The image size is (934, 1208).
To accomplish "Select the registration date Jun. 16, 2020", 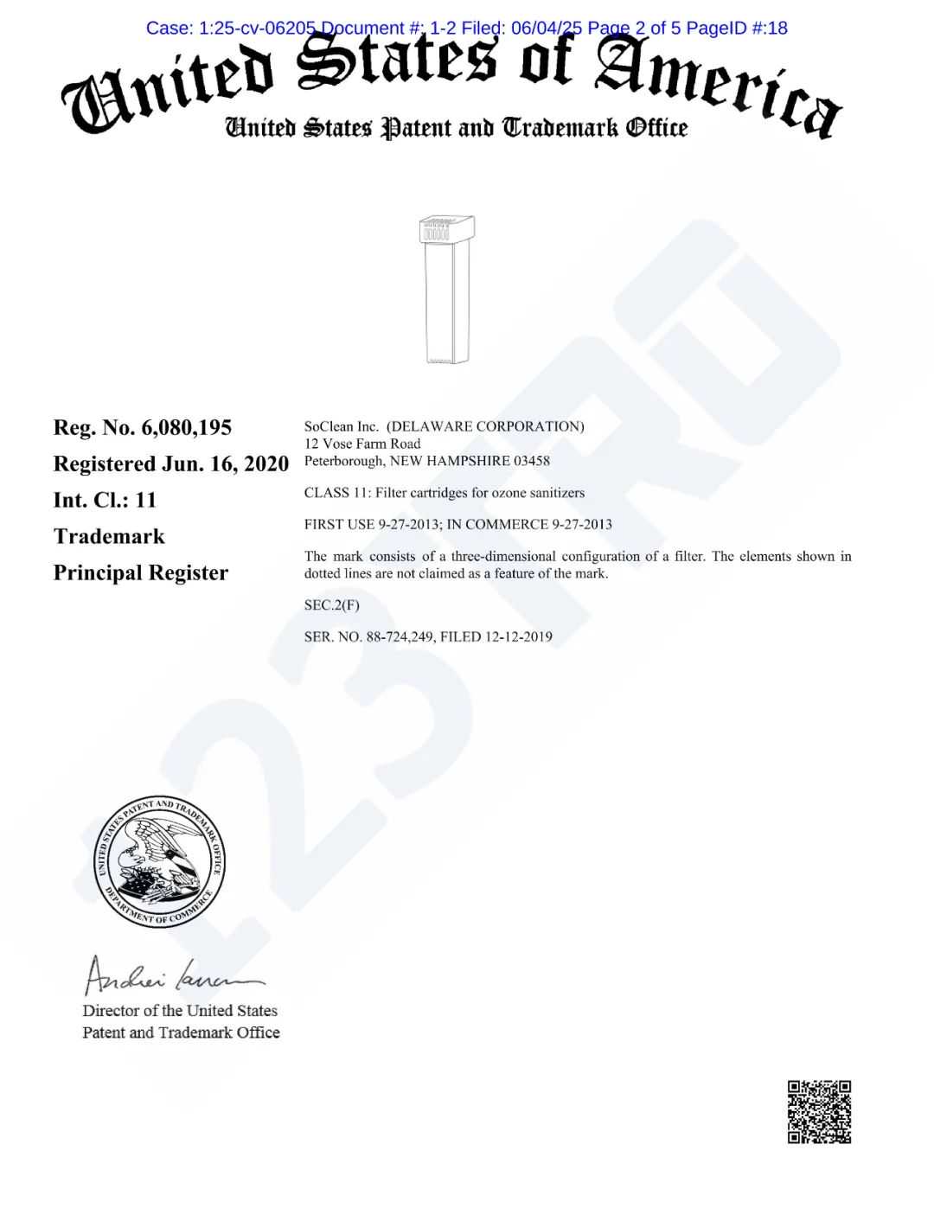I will [x=226, y=464].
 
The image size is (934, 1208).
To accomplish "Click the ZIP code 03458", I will [x=532, y=461].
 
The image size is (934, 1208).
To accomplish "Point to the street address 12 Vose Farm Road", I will [x=362, y=444].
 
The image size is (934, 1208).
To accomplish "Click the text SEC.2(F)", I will [x=331, y=605].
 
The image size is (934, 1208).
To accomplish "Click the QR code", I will [x=819, y=1111].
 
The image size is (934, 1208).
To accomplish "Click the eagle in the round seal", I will [x=156, y=856].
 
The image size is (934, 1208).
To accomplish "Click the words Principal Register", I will [x=141, y=573].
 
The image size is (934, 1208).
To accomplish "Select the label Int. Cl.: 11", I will [x=105, y=501].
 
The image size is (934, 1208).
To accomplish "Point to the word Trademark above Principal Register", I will [x=109, y=537].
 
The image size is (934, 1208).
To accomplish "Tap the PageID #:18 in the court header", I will [x=737, y=28].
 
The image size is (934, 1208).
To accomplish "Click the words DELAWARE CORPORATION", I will [x=485, y=426].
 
